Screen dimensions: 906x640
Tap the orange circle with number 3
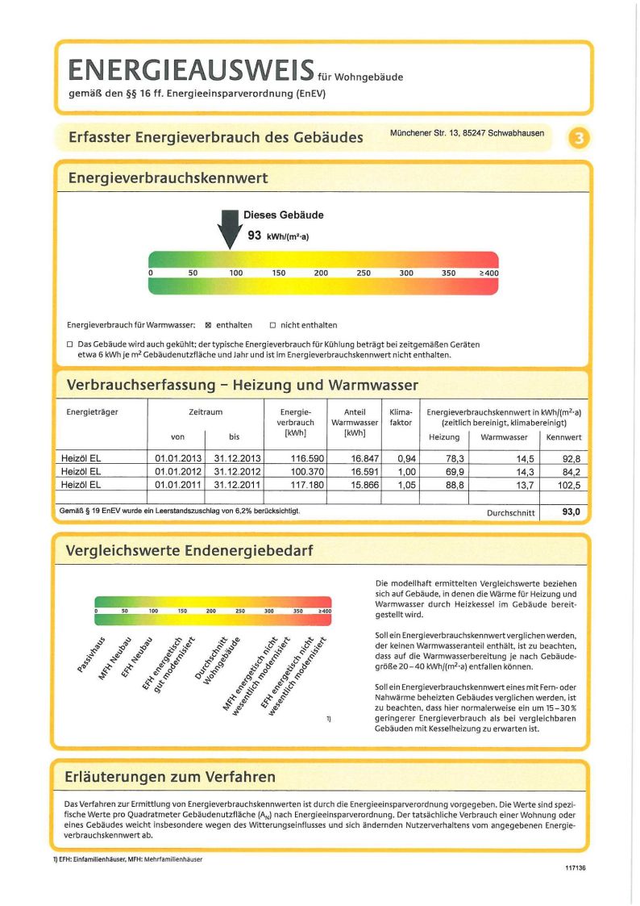[x=579, y=139]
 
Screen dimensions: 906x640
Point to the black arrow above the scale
[x=230, y=229]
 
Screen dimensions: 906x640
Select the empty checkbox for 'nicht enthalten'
[x=272, y=325]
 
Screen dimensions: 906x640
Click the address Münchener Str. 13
[x=466, y=132]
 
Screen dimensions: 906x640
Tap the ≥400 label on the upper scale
[x=488, y=273]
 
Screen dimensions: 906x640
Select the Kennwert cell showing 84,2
[x=566, y=471]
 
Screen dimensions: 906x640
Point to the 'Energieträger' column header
[x=92, y=412]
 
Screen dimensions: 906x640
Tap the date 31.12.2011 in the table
[x=235, y=484]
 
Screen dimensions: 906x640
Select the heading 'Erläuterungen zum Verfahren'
[x=169, y=777]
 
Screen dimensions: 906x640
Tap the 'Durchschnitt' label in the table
[x=511, y=513]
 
